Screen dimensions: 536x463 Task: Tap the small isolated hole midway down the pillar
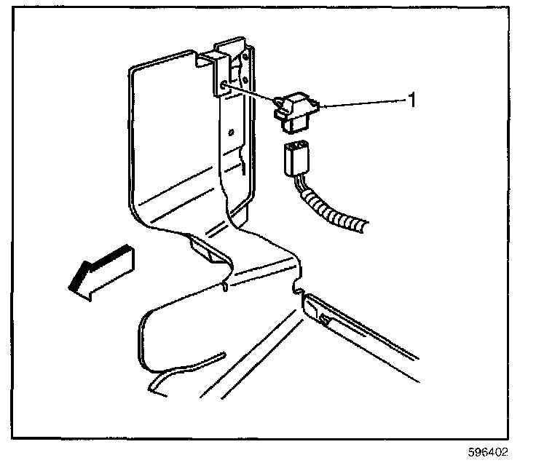coord(230,132)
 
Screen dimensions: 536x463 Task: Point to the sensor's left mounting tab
coord(279,113)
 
